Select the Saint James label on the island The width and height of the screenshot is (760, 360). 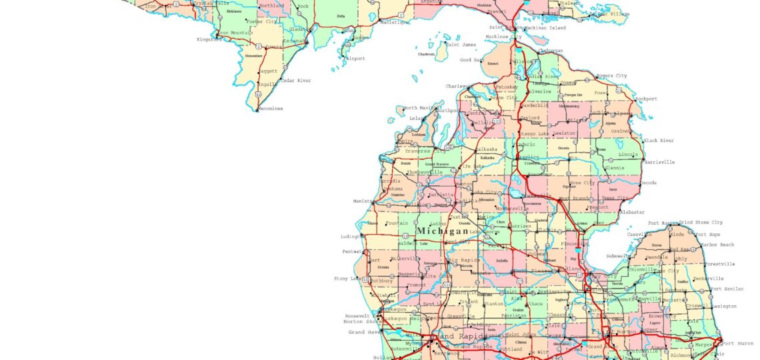click(461, 45)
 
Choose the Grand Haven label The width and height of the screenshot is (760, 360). click(364, 331)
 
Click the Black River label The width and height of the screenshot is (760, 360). click(658, 141)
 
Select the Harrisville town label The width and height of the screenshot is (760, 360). click(659, 162)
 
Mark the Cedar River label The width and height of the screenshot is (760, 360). click(295, 81)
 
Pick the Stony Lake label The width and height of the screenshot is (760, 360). click(347, 279)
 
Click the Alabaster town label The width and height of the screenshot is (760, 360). click(633, 211)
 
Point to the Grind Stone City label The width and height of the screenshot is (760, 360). click(700, 222)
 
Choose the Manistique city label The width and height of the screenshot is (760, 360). click(395, 22)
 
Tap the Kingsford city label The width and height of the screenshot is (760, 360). click(209, 39)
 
